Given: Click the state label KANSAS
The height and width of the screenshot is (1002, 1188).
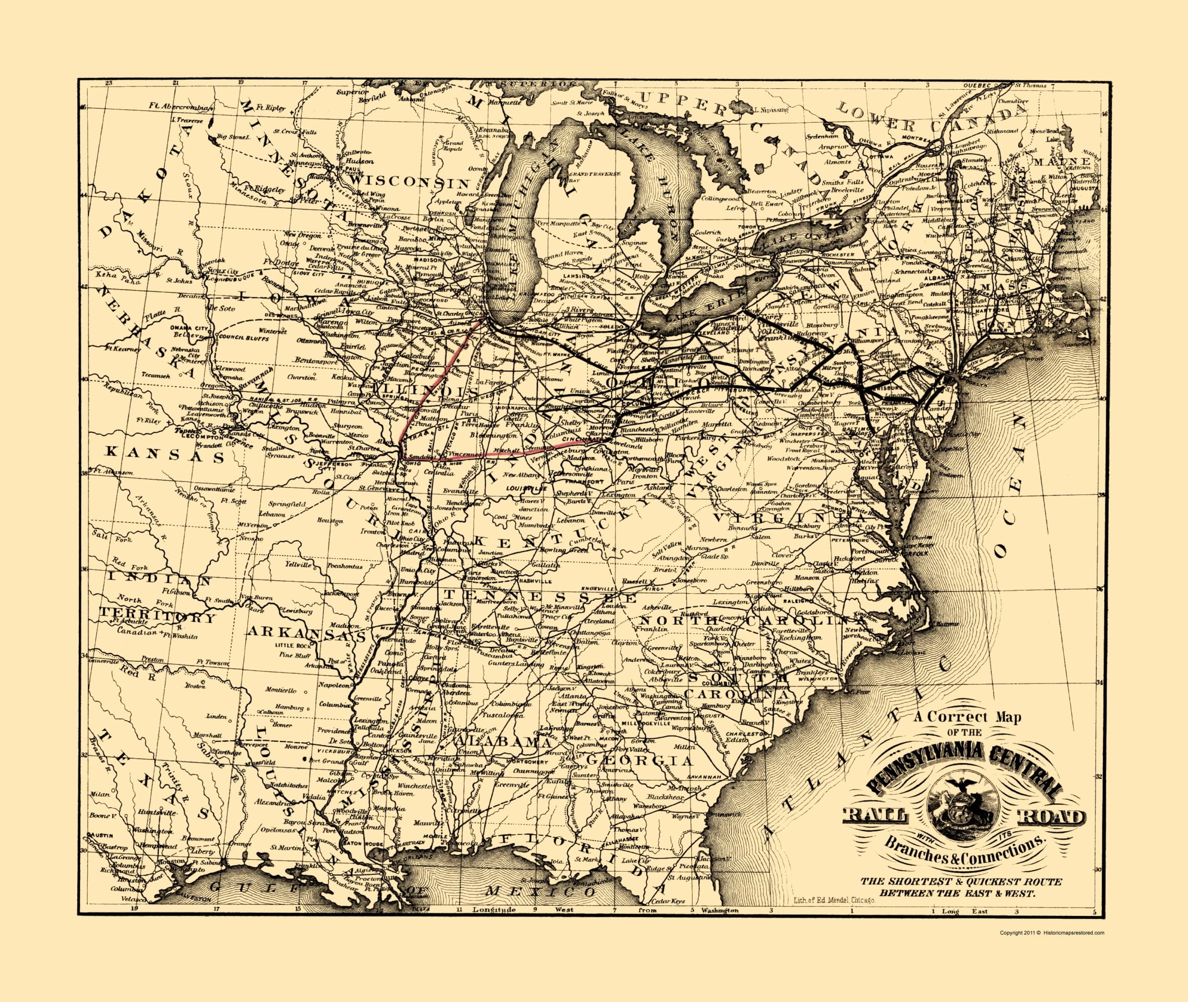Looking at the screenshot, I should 165,454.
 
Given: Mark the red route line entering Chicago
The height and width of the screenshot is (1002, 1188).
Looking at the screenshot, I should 471,335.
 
